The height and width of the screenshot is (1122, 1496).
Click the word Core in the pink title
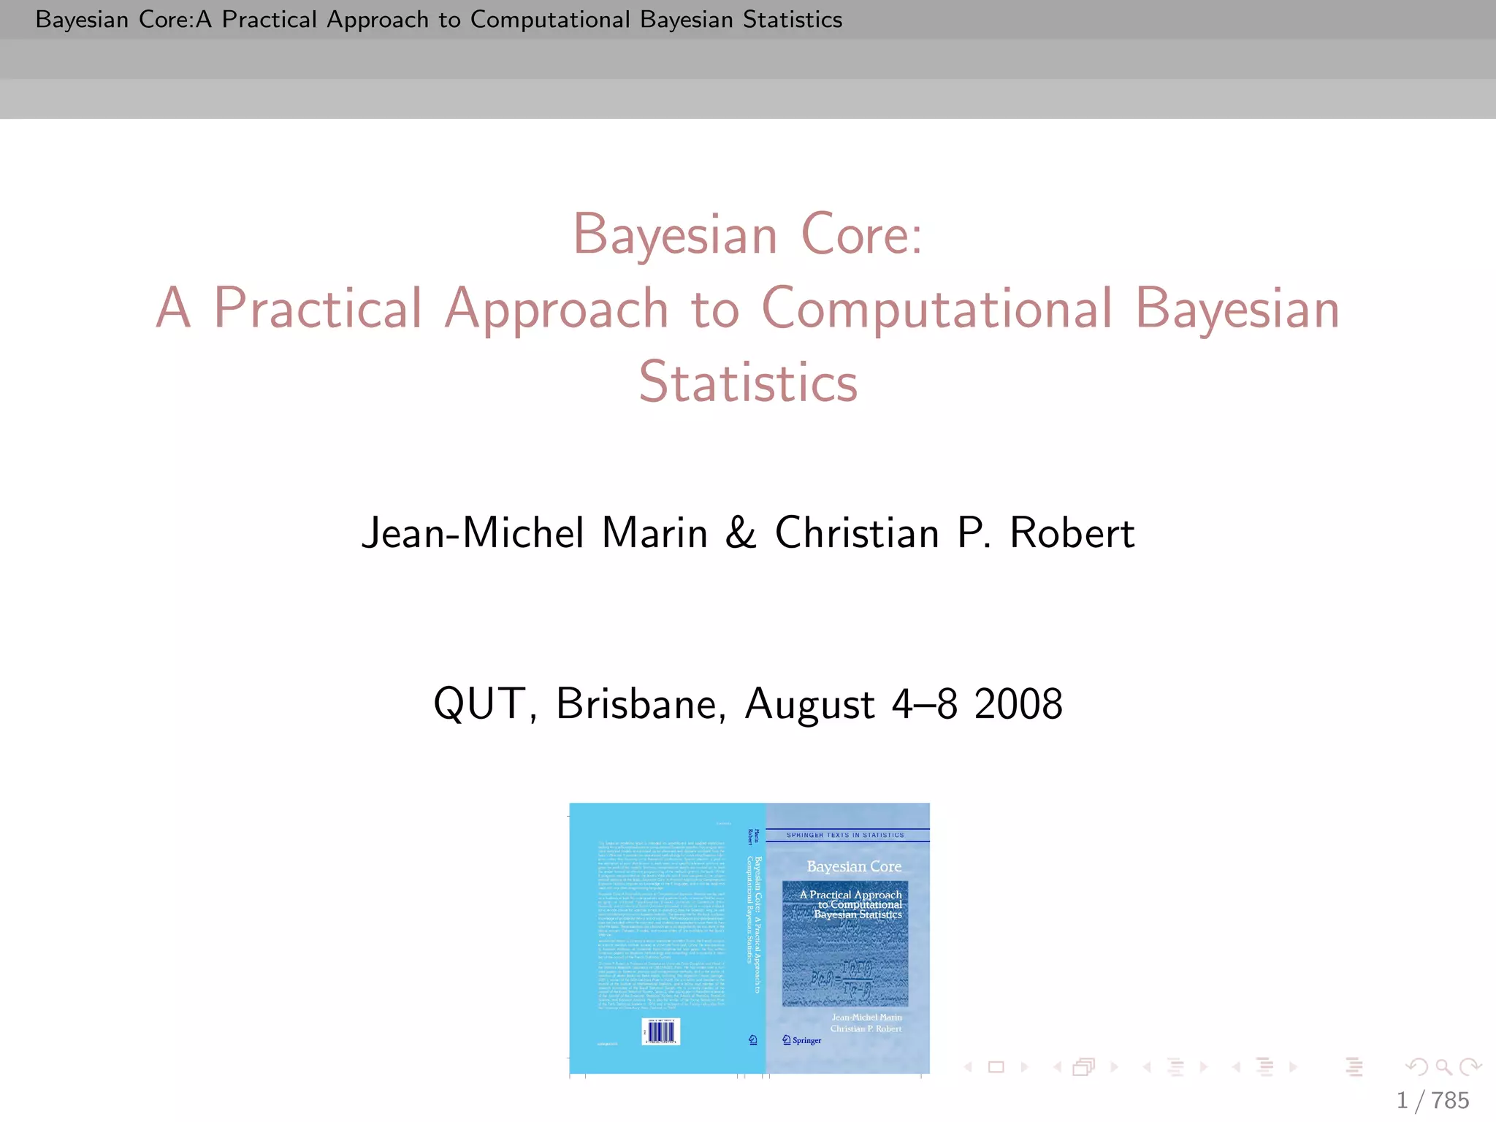coord(862,235)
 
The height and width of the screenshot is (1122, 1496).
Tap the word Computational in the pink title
coord(937,308)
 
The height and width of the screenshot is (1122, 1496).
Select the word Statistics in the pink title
coord(748,382)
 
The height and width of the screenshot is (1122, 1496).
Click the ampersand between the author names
coord(740,533)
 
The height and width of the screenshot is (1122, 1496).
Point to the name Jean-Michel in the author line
coord(473,533)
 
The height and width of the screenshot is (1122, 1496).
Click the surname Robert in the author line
coord(1072,533)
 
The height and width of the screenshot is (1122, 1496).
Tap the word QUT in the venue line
coord(479,704)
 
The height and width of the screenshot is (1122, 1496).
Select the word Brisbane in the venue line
coord(641,704)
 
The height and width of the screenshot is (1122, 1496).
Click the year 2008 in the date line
coord(1018,704)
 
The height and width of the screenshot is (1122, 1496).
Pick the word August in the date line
coord(809,704)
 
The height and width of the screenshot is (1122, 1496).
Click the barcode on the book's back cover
coord(661,1031)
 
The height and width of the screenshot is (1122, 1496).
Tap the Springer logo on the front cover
coord(802,1040)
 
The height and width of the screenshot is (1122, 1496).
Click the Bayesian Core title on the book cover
coord(854,866)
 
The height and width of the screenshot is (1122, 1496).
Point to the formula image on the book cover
coord(845,964)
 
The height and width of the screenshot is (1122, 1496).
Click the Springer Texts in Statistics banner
coord(845,835)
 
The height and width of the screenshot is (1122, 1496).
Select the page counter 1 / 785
coord(1432,1100)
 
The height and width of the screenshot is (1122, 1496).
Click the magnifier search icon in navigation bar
coord(1443,1067)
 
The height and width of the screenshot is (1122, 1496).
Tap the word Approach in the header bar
coord(378,20)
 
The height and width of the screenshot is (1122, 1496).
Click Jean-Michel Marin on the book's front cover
coord(866,1017)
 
